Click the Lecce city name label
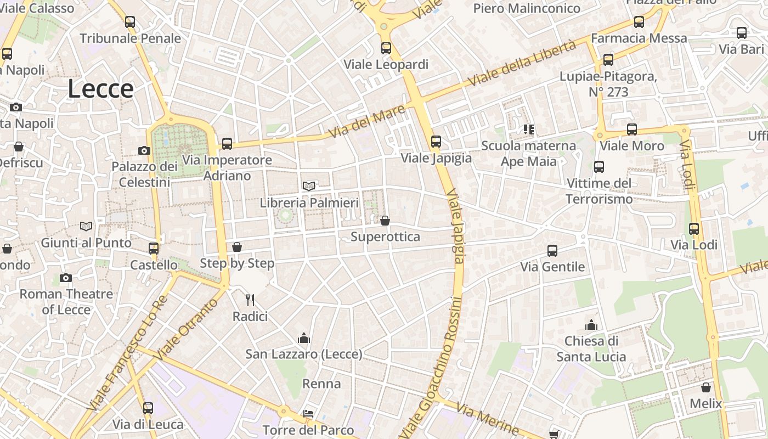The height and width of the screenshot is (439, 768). [101, 89]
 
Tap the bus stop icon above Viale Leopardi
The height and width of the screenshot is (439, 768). [386, 48]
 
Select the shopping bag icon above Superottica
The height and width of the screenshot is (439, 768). [385, 221]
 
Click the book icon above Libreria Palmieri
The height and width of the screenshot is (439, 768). [309, 186]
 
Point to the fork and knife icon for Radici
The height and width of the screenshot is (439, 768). [250, 300]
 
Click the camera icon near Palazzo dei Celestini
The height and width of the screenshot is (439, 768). [144, 150]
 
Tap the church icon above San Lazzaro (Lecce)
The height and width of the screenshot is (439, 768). [303, 337]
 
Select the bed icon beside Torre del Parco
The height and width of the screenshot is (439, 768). [308, 413]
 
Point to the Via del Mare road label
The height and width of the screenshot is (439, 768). [367, 122]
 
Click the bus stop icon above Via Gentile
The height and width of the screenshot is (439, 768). [552, 250]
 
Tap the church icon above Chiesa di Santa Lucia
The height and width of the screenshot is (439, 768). [591, 324]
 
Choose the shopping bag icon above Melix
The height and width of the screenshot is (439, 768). [706, 387]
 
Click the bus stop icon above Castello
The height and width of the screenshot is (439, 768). [154, 248]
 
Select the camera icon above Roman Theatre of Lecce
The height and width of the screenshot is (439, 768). [66, 278]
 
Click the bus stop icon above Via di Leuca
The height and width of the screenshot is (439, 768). [148, 408]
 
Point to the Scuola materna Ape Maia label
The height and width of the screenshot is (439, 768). [528, 154]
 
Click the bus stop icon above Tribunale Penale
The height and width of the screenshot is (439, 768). [130, 22]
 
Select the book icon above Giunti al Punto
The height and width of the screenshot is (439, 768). [86, 226]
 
